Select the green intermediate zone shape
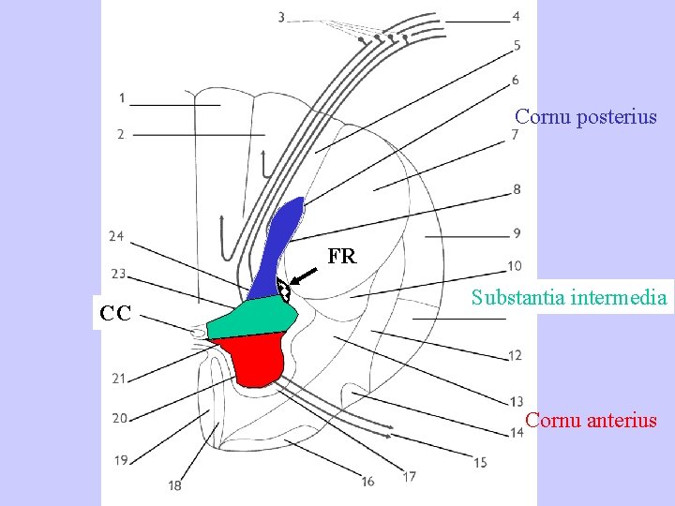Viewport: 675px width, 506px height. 251,318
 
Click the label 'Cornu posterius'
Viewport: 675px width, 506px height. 586,118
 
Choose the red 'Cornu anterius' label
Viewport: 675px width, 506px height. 591,420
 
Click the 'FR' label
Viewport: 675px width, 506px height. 342,256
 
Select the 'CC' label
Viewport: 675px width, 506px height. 117,312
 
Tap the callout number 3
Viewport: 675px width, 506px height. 282,17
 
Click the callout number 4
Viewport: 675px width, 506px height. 517,17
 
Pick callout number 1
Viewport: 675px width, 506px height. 122,98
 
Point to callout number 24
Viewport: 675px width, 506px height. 116,236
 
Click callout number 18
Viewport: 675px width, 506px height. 175,485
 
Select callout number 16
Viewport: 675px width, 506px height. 368,481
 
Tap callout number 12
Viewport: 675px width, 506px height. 516,355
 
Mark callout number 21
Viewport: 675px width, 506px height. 119,379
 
